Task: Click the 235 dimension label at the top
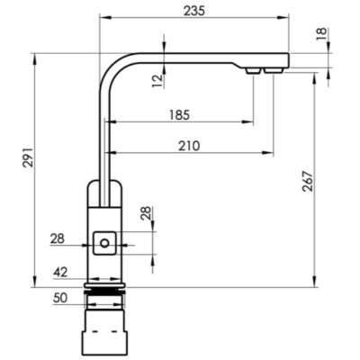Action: [194, 11]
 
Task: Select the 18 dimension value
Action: [321, 33]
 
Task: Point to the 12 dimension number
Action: [157, 80]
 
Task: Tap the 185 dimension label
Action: [179, 115]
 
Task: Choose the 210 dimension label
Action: [189, 146]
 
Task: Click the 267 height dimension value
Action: [308, 181]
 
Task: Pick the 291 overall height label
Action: [29, 157]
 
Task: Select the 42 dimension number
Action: [60, 273]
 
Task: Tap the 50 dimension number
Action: [60, 298]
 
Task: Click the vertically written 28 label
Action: [147, 213]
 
